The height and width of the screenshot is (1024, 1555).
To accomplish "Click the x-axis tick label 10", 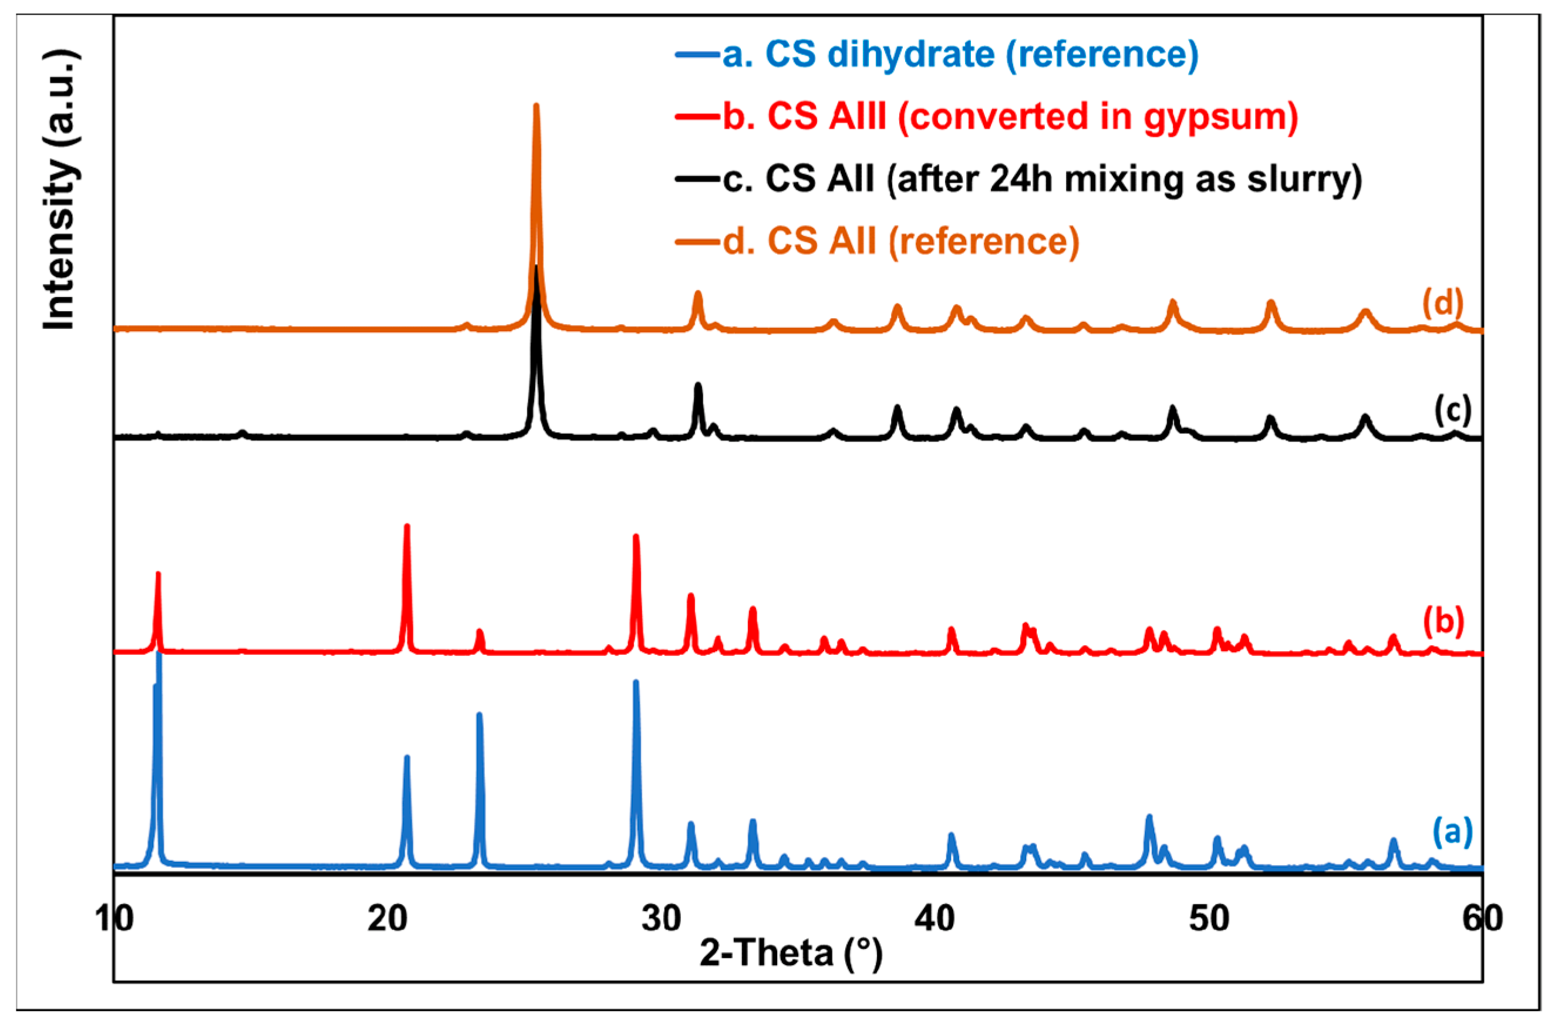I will (x=115, y=918).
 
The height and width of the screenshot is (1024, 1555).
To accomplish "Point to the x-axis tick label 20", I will (x=388, y=918).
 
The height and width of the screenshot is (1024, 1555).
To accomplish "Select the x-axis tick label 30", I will (x=662, y=918).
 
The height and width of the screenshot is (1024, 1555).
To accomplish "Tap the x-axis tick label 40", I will (x=936, y=918).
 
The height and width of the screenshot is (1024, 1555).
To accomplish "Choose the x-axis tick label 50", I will (x=1209, y=918).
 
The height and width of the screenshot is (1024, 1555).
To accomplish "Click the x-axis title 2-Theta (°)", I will (x=791, y=954).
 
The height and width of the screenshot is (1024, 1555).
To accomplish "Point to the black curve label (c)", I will (x=1452, y=410).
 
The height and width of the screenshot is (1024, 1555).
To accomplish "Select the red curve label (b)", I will (x=1443, y=621).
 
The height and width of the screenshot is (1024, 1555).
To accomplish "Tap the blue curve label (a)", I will (x=1452, y=832).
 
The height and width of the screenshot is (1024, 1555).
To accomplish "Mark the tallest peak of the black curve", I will (x=537, y=268).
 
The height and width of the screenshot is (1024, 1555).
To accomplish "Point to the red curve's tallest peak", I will (x=406, y=526).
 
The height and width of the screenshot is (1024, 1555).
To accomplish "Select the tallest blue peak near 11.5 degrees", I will (x=158, y=654).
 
